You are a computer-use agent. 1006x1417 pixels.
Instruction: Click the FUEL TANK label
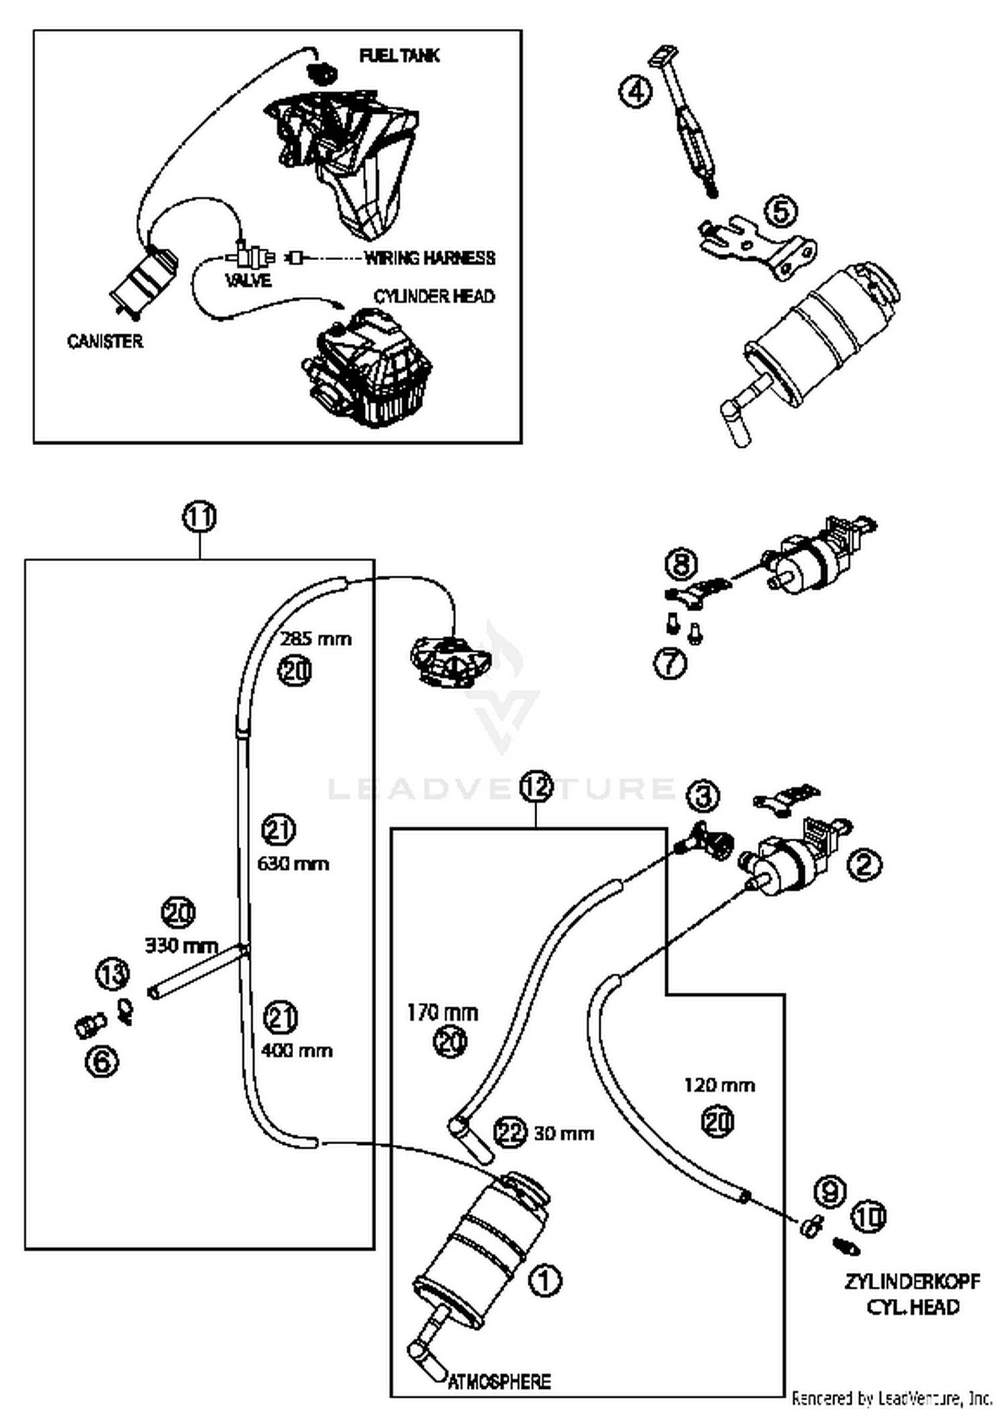click(399, 56)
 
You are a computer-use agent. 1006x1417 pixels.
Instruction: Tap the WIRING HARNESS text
click(429, 258)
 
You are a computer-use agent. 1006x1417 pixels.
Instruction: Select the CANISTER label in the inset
click(105, 341)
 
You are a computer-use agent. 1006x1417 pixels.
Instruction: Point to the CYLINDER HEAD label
click(434, 296)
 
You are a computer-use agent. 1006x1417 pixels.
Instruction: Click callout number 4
click(635, 91)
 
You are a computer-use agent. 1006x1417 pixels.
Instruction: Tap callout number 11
click(200, 517)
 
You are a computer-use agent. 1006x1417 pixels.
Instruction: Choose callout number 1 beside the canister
click(545, 1281)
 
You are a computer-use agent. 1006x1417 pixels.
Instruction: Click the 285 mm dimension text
click(316, 639)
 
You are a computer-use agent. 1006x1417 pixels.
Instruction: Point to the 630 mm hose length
click(293, 863)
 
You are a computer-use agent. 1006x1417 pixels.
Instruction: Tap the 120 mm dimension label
click(720, 1085)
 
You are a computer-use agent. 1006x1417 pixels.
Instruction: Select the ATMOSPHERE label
click(499, 1381)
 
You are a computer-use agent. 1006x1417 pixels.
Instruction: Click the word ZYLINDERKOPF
click(912, 1282)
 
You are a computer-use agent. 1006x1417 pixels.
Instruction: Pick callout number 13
click(112, 974)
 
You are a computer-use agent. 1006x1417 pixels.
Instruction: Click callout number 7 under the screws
click(670, 664)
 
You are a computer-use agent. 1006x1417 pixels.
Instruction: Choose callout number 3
click(702, 796)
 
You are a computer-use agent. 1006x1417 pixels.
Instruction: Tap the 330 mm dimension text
click(182, 945)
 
